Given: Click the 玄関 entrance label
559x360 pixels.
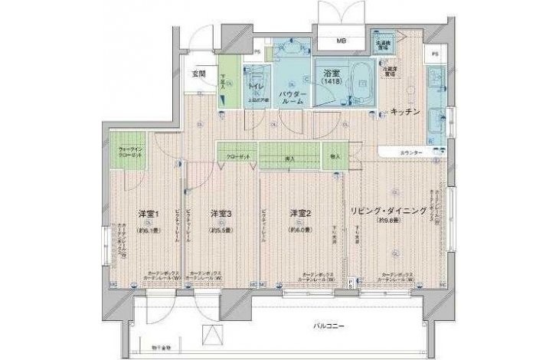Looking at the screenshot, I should point(198,74).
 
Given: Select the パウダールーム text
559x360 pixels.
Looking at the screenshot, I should point(290,97).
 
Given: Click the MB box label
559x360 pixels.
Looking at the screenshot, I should point(337,41).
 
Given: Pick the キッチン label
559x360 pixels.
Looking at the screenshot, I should point(404,112).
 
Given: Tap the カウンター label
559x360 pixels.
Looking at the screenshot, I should point(410,154).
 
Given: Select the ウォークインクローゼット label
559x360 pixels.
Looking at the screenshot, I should point(126,152).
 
